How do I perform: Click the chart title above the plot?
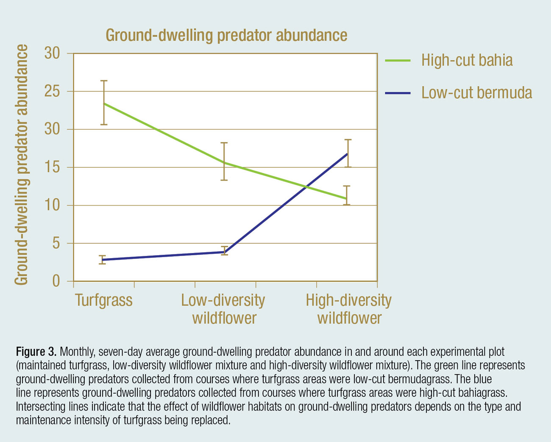(226, 35)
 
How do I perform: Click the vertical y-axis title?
(21, 165)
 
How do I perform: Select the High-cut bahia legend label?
(467, 60)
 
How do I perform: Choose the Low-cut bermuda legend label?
(476, 92)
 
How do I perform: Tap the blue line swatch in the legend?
(398, 93)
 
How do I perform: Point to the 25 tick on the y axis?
(53, 92)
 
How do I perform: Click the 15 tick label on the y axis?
(53, 167)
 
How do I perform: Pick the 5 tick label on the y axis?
(56, 244)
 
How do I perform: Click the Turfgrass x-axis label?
(104, 300)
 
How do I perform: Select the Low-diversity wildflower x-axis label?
(223, 309)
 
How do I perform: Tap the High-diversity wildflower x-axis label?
(349, 309)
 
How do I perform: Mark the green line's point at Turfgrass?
(103, 103)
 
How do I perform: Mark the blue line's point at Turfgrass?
(103, 260)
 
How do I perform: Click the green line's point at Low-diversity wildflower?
(224, 162)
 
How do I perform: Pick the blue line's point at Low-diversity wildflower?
(224, 252)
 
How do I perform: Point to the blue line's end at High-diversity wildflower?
(348, 153)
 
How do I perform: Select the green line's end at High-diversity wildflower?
(347, 199)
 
